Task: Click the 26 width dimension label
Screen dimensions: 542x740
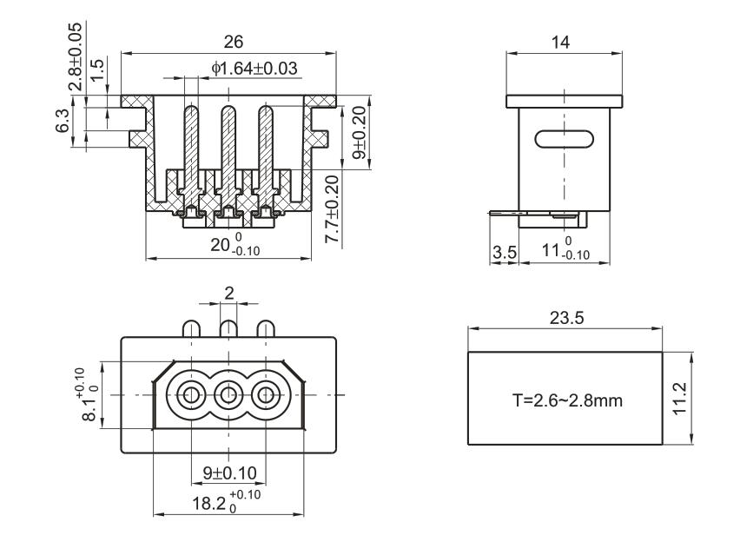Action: pyautogui.click(x=234, y=42)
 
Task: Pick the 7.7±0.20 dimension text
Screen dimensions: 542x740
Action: pyautogui.click(x=334, y=209)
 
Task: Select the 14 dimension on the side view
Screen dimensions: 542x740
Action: pyautogui.click(x=564, y=42)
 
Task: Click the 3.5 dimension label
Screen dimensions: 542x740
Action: pyautogui.click(x=504, y=252)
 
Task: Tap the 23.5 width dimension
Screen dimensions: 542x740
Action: pyautogui.click(x=566, y=317)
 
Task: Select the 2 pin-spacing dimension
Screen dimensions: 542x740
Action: pyautogui.click(x=229, y=294)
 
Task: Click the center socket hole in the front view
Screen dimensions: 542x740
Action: pyautogui.click(x=228, y=395)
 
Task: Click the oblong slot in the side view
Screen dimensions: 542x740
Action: pyautogui.click(x=564, y=138)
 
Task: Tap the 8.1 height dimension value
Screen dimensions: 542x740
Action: pyautogui.click(x=87, y=395)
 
